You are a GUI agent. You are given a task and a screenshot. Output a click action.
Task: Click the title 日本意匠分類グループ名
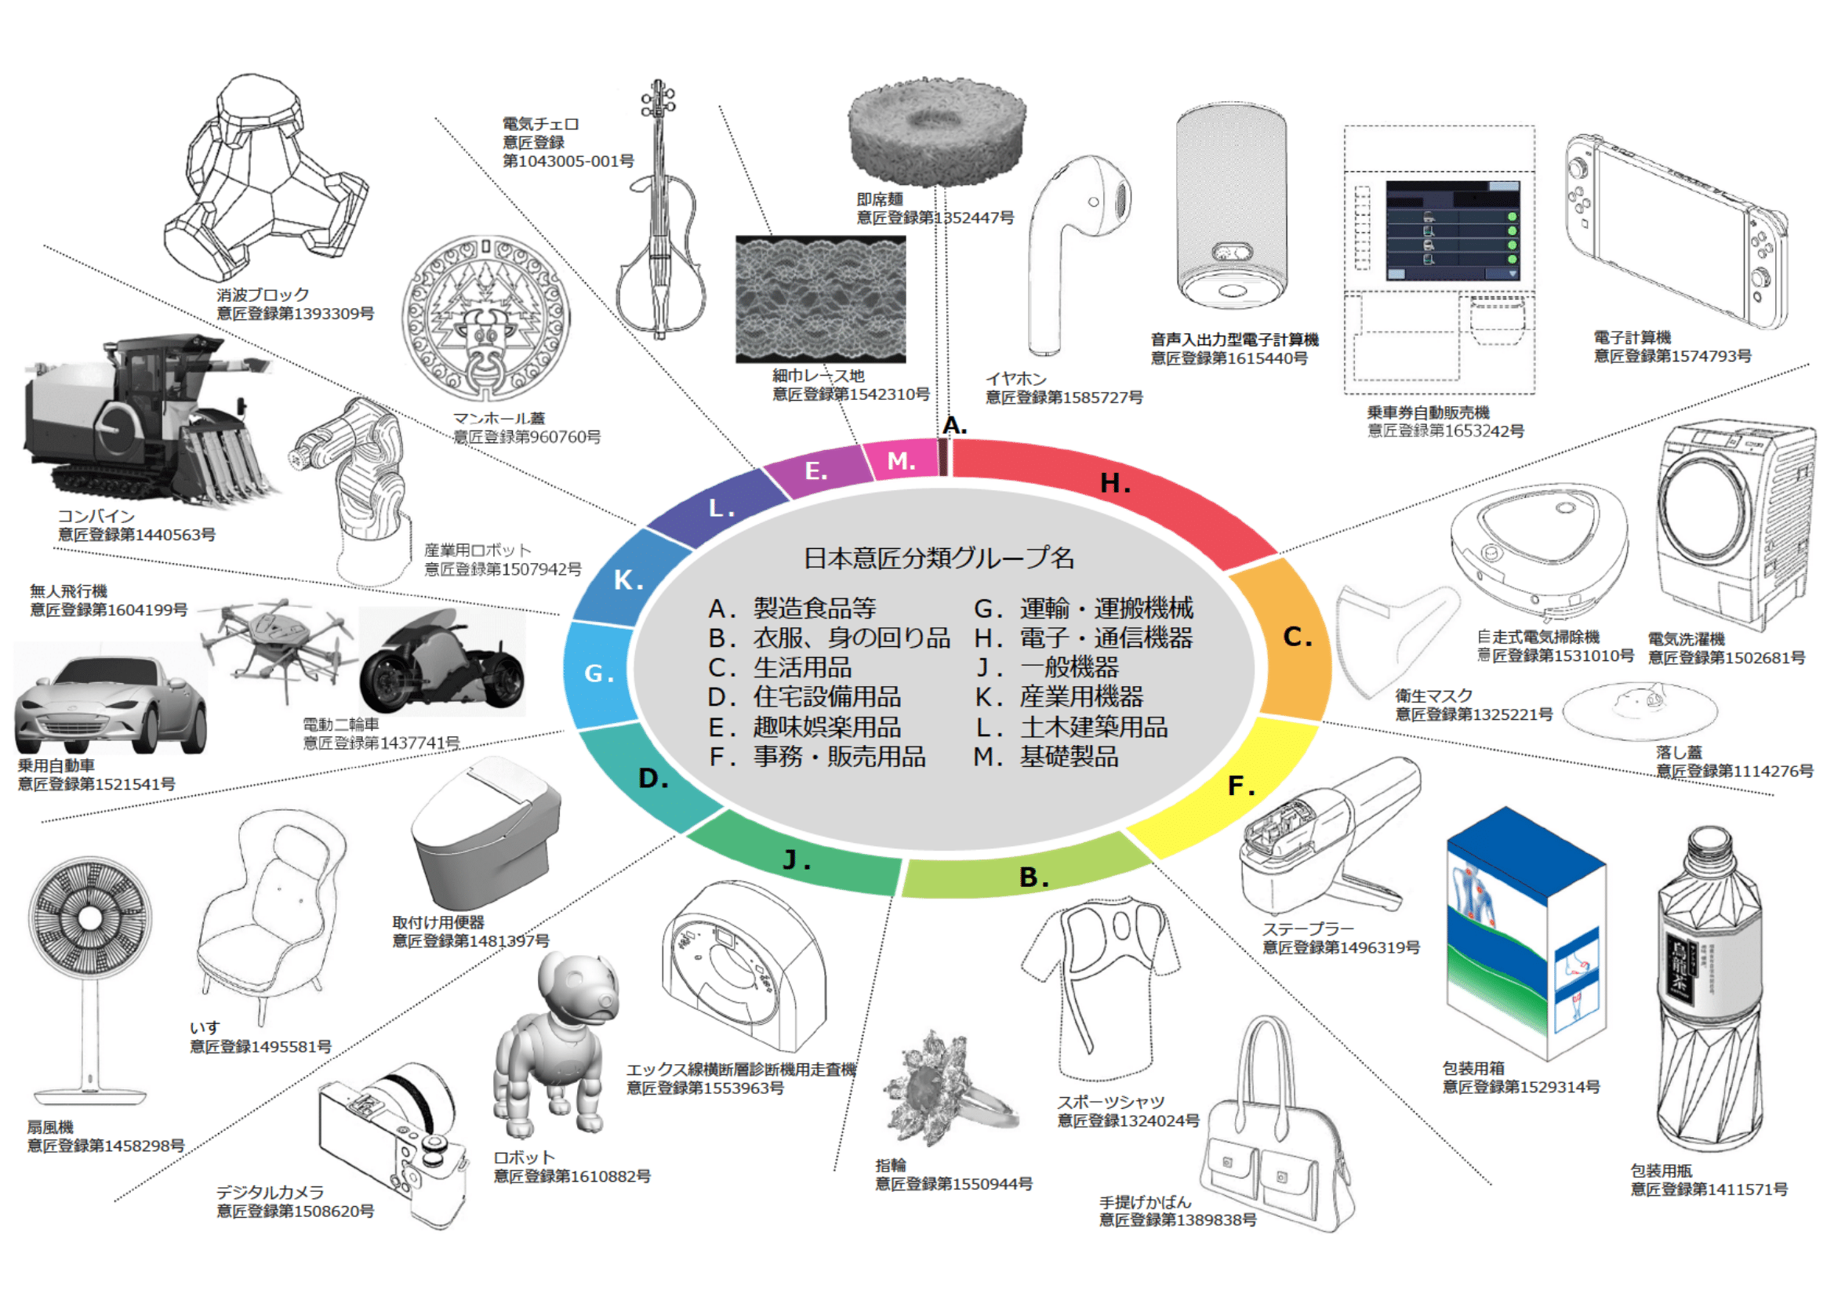point(939,558)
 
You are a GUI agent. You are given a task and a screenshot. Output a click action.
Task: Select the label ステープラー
point(1308,928)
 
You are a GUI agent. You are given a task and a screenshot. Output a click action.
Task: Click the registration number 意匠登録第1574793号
point(1672,356)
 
